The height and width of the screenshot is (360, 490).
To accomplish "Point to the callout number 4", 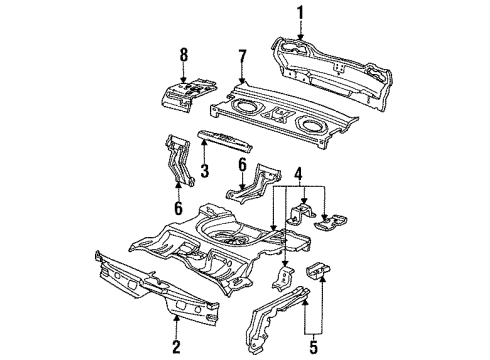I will click(295, 171).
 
